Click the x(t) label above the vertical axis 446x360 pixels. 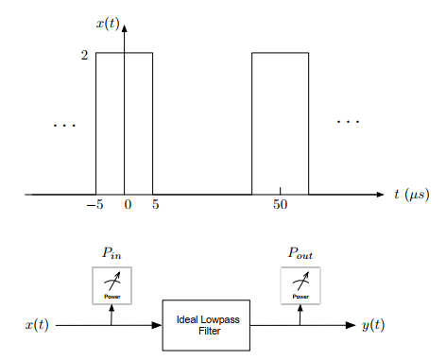pos(106,21)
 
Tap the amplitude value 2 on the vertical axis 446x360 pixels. pos(85,55)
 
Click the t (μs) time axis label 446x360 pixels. pos(413,195)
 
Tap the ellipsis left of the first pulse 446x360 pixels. pos(65,125)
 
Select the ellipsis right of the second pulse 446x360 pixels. pos(348,121)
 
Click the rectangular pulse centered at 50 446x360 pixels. pos(280,123)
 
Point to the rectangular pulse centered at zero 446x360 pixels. pos(124,123)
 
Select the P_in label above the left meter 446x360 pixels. pos(111,253)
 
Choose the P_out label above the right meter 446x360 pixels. pos(300,253)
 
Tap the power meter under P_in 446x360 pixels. pos(111,285)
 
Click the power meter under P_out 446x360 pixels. pos(300,285)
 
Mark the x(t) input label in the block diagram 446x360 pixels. pos(37,326)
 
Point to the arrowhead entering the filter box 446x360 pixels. pos(158,326)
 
